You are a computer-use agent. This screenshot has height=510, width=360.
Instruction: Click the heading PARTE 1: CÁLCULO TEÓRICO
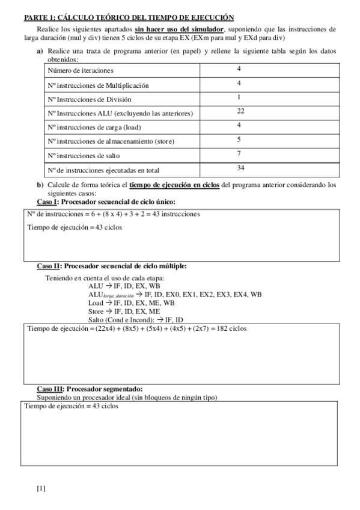pyautogui.click(x=125, y=19)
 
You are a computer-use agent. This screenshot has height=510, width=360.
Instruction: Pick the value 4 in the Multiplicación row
pyautogui.click(x=239, y=83)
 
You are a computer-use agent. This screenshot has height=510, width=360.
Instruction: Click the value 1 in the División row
pyautogui.click(x=239, y=97)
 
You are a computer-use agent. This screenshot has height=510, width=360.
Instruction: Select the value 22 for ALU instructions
pyautogui.click(x=241, y=111)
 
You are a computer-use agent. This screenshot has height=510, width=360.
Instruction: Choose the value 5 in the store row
pyautogui.click(x=239, y=140)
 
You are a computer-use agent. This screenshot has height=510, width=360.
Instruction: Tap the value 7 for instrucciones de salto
pyautogui.click(x=239, y=153)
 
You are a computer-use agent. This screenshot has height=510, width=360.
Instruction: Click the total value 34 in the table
pyautogui.click(x=241, y=168)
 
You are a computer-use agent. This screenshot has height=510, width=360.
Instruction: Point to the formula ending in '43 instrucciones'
pyautogui.click(x=113, y=214)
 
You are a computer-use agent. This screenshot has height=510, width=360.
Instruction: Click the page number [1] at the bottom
pyautogui.click(x=41, y=488)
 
